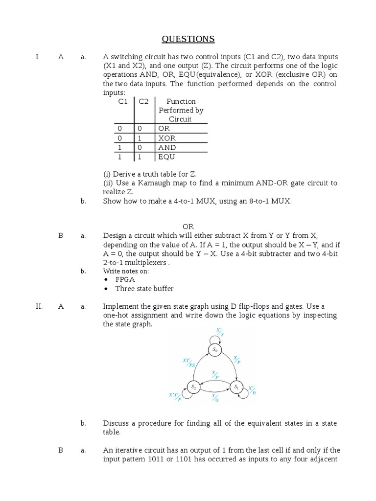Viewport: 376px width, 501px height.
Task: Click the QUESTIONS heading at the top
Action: coord(188,39)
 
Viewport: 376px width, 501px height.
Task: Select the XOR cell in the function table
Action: coord(166,138)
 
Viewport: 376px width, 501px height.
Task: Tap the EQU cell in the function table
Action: coord(166,157)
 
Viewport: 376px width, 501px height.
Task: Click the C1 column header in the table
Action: coord(123,101)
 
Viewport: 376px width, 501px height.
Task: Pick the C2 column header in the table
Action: coord(143,101)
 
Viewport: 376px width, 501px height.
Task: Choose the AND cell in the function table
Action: coord(167,147)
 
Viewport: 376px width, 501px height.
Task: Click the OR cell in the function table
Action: coord(164,128)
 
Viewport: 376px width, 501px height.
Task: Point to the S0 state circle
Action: coord(214,349)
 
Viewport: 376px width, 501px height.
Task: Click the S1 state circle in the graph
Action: coord(236,387)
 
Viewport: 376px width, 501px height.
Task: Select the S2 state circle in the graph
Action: coord(193,387)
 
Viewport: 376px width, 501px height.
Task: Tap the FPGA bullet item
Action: coord(125,279)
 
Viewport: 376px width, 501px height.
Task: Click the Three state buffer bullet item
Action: coord(144,289)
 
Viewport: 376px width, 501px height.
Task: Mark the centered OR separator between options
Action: coord(188,227)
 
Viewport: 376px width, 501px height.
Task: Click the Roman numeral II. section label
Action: coord(40,306)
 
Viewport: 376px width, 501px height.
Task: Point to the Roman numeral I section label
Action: coord(37,57)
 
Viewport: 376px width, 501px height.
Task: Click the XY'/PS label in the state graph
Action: coord(188,363)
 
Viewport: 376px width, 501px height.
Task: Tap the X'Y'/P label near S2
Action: coord(175,397)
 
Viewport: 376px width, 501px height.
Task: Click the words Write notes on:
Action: coord(126,271)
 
